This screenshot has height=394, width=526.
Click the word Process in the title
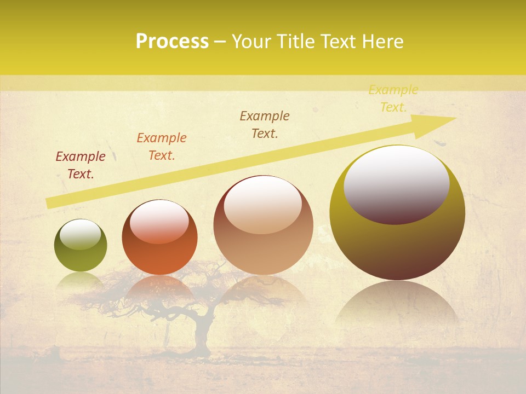[172, 42]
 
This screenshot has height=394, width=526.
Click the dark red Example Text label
[81, 165]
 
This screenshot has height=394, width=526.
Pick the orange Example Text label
[162, 146]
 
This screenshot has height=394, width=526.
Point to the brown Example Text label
[265, 124]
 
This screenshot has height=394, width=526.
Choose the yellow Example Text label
[393, 99]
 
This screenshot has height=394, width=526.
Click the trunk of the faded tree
[202, 339]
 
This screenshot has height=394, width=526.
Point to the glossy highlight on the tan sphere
[263, 205]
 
